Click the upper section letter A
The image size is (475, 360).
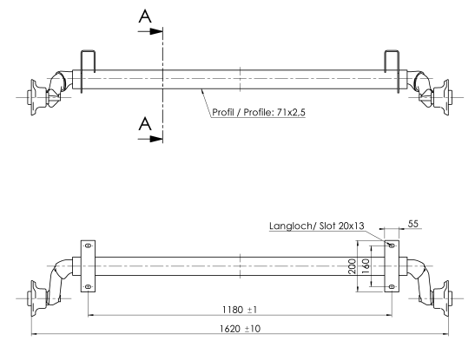click(x=145, y=16)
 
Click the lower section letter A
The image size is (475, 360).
click(x=145, y=123)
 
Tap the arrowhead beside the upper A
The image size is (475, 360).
click(x=157, y=31)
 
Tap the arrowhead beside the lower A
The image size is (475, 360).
click(x=157, y=139)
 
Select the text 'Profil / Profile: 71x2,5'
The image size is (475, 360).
click(x=259, y=112)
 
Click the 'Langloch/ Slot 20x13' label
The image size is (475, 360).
click(x=317, y=226)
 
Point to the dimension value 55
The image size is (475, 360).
click(x=412, y=224)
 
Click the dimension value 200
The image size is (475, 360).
click(x=352, y=266)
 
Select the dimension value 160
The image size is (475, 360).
click(x=366, y=266)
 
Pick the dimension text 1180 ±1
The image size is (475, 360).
click(x=240, y=310)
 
